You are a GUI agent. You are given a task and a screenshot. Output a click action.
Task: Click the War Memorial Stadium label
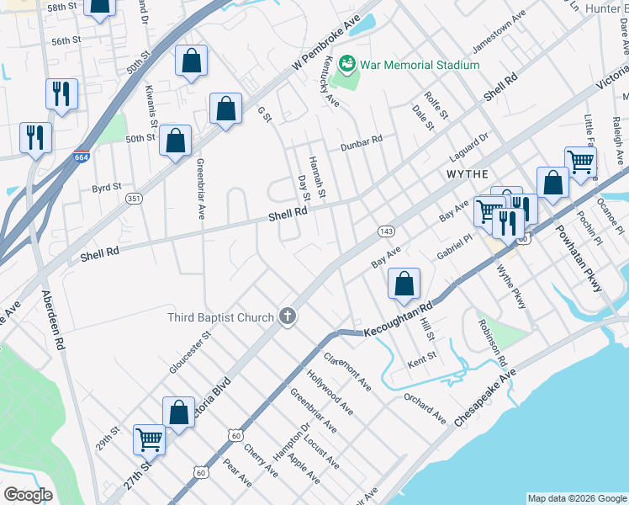click(x=420, y=65)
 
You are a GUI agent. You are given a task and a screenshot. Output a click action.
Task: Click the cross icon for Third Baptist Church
click(x=288, y=317)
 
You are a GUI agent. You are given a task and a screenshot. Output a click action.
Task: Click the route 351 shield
click(x=133, y=199)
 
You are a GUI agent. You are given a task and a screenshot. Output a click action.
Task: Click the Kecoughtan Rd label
click(x=397, y=320)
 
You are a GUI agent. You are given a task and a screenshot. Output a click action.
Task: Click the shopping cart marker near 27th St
click(x=150, y=439)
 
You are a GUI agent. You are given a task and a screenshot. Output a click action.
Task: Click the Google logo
click(x=28, y=494)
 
